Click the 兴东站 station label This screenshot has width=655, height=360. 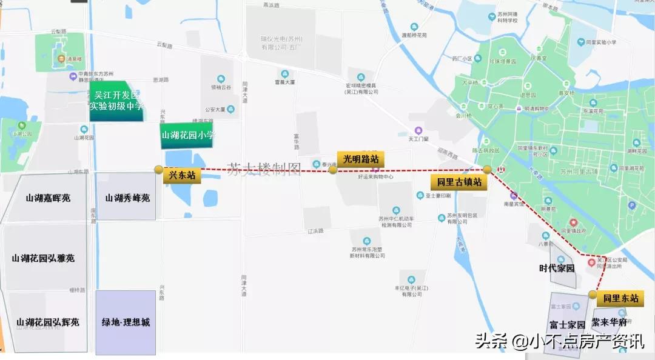(181, 176)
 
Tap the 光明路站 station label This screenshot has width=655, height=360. (361, 159)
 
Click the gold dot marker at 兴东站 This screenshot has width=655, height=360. (159, 170)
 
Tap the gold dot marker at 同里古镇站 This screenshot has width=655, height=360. (487, 170)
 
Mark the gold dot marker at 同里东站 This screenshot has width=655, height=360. (592, 295)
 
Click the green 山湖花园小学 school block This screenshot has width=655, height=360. (188, 136)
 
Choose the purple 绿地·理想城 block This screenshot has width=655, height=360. (126, 322)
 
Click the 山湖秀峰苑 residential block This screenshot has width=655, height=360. (127, 198)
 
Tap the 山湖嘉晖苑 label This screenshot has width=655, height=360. (49, 198)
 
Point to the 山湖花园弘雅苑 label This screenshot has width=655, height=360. (43, 258)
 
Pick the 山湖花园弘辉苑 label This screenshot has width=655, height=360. (48, 322)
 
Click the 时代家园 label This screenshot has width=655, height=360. (557, 268)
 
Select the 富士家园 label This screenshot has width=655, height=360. (567, 324)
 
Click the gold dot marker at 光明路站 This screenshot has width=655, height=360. (333, 170)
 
